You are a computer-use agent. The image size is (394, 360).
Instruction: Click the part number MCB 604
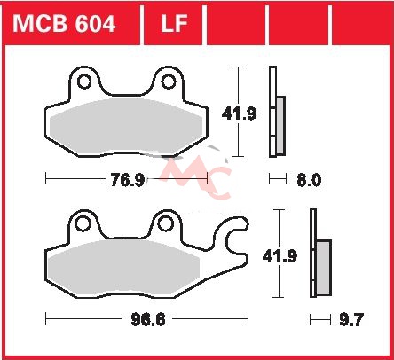point(64,24)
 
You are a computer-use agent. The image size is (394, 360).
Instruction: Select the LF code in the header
point(174,24)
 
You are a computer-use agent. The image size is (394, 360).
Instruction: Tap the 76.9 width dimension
point(127,180)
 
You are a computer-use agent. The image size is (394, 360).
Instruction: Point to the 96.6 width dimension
point(148,319)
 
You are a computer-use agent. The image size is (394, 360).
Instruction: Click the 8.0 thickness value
point(309,180)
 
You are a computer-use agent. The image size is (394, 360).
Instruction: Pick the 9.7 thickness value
point(351,319)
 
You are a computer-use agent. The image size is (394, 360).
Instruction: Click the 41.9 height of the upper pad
point(239,113)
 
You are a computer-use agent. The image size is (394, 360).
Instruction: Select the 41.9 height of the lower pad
point(280,256)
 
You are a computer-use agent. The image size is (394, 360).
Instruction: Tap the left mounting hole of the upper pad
point(84,82)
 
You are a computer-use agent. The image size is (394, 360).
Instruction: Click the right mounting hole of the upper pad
point(169,82)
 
